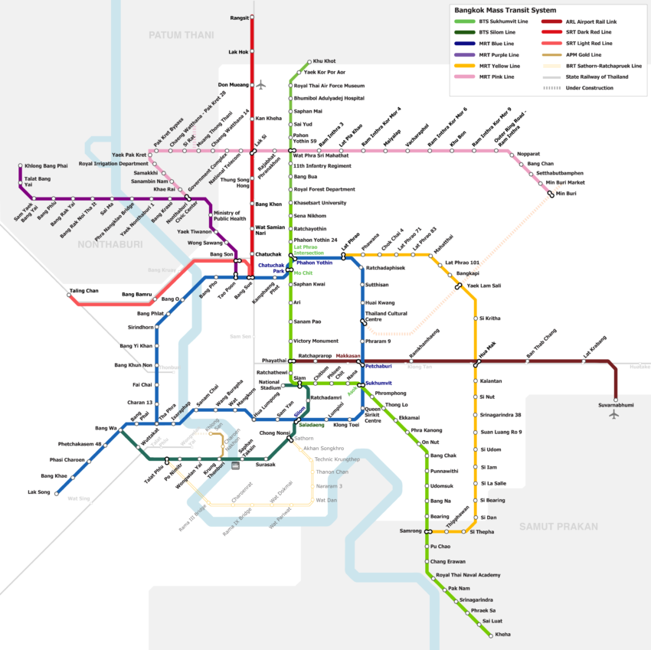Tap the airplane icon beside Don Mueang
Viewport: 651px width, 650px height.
[x=261, y=84]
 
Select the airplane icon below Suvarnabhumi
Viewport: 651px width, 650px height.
[x=614, y=414]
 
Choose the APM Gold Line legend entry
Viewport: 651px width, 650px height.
[x=583, y=55]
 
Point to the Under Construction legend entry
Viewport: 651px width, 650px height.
[x=589, y=88]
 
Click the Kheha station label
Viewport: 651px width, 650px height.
[x=503, y=635]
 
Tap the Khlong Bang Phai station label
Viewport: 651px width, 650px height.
[x=46, y=165]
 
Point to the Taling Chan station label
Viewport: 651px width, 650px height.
[x=83, y=291]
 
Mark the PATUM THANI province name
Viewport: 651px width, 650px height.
[x=181, y=35]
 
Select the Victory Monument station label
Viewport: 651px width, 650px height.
[x=316, y=341]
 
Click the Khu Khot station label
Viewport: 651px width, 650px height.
[x=324, y=61]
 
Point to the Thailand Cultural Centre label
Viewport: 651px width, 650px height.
[x=387, y=316]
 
